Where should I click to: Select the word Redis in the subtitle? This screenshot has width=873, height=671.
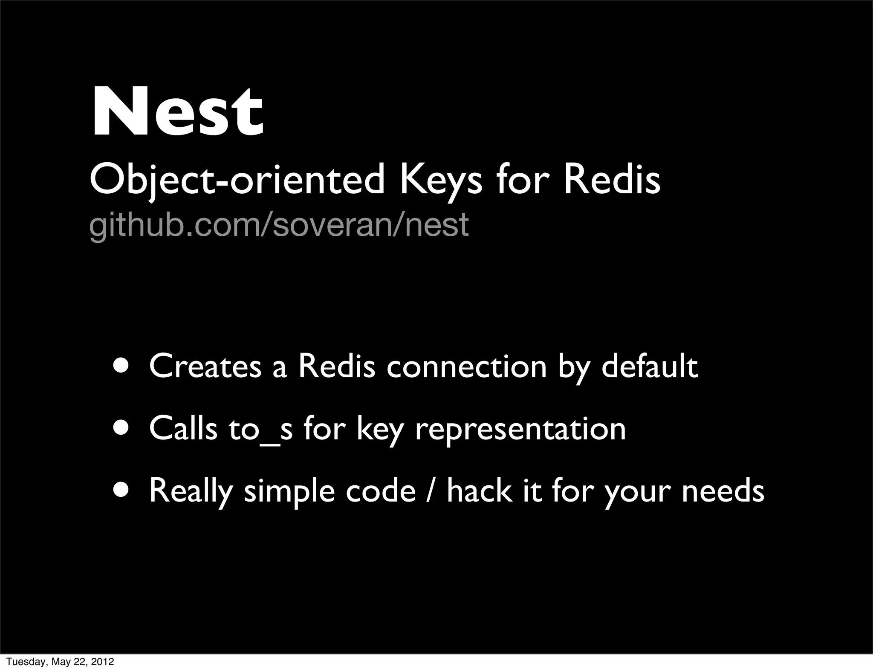(x=612, y=180)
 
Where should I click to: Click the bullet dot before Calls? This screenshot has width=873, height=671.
(x=123, y=427)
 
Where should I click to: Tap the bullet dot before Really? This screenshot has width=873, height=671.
(x=123, y=490)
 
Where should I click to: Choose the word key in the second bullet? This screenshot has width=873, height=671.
(x=379, y=429)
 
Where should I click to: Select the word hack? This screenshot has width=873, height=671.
(x=480, y=490)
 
